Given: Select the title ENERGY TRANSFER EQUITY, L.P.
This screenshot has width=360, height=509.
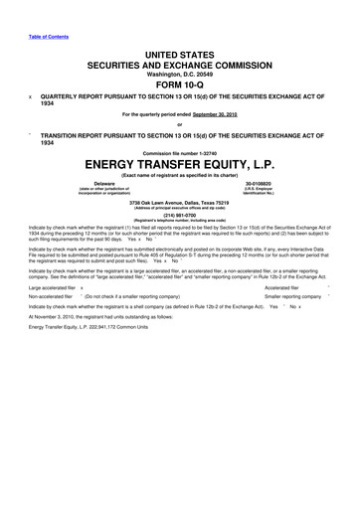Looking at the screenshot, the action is point(180,162).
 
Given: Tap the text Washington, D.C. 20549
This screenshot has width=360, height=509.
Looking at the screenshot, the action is point(180,74).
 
